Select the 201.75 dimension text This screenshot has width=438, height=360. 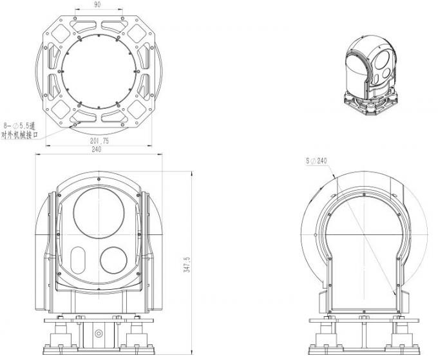coord(99,141)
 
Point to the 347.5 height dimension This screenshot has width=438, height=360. coord(187,263)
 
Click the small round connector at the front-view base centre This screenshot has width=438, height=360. coord(98,333)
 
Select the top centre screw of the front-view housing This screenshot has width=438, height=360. coord(98,182)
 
